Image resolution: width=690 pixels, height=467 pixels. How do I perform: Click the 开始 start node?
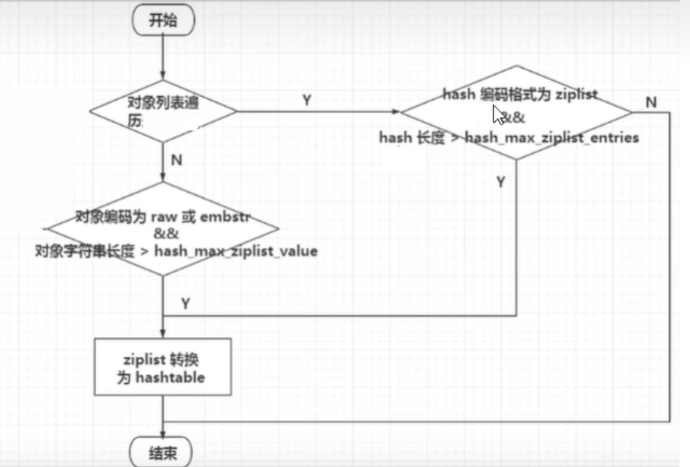162,21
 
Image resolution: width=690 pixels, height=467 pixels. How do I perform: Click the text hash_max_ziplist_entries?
552,137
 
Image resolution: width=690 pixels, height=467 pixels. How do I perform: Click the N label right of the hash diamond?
651,101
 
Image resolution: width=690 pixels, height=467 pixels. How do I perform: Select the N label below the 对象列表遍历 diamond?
176,160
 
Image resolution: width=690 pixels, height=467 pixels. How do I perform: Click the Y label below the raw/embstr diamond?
185,303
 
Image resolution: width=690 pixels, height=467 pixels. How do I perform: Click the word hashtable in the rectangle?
170,377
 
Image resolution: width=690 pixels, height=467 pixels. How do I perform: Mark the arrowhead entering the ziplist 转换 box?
163,334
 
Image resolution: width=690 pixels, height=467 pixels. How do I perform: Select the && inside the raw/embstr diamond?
163,233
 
